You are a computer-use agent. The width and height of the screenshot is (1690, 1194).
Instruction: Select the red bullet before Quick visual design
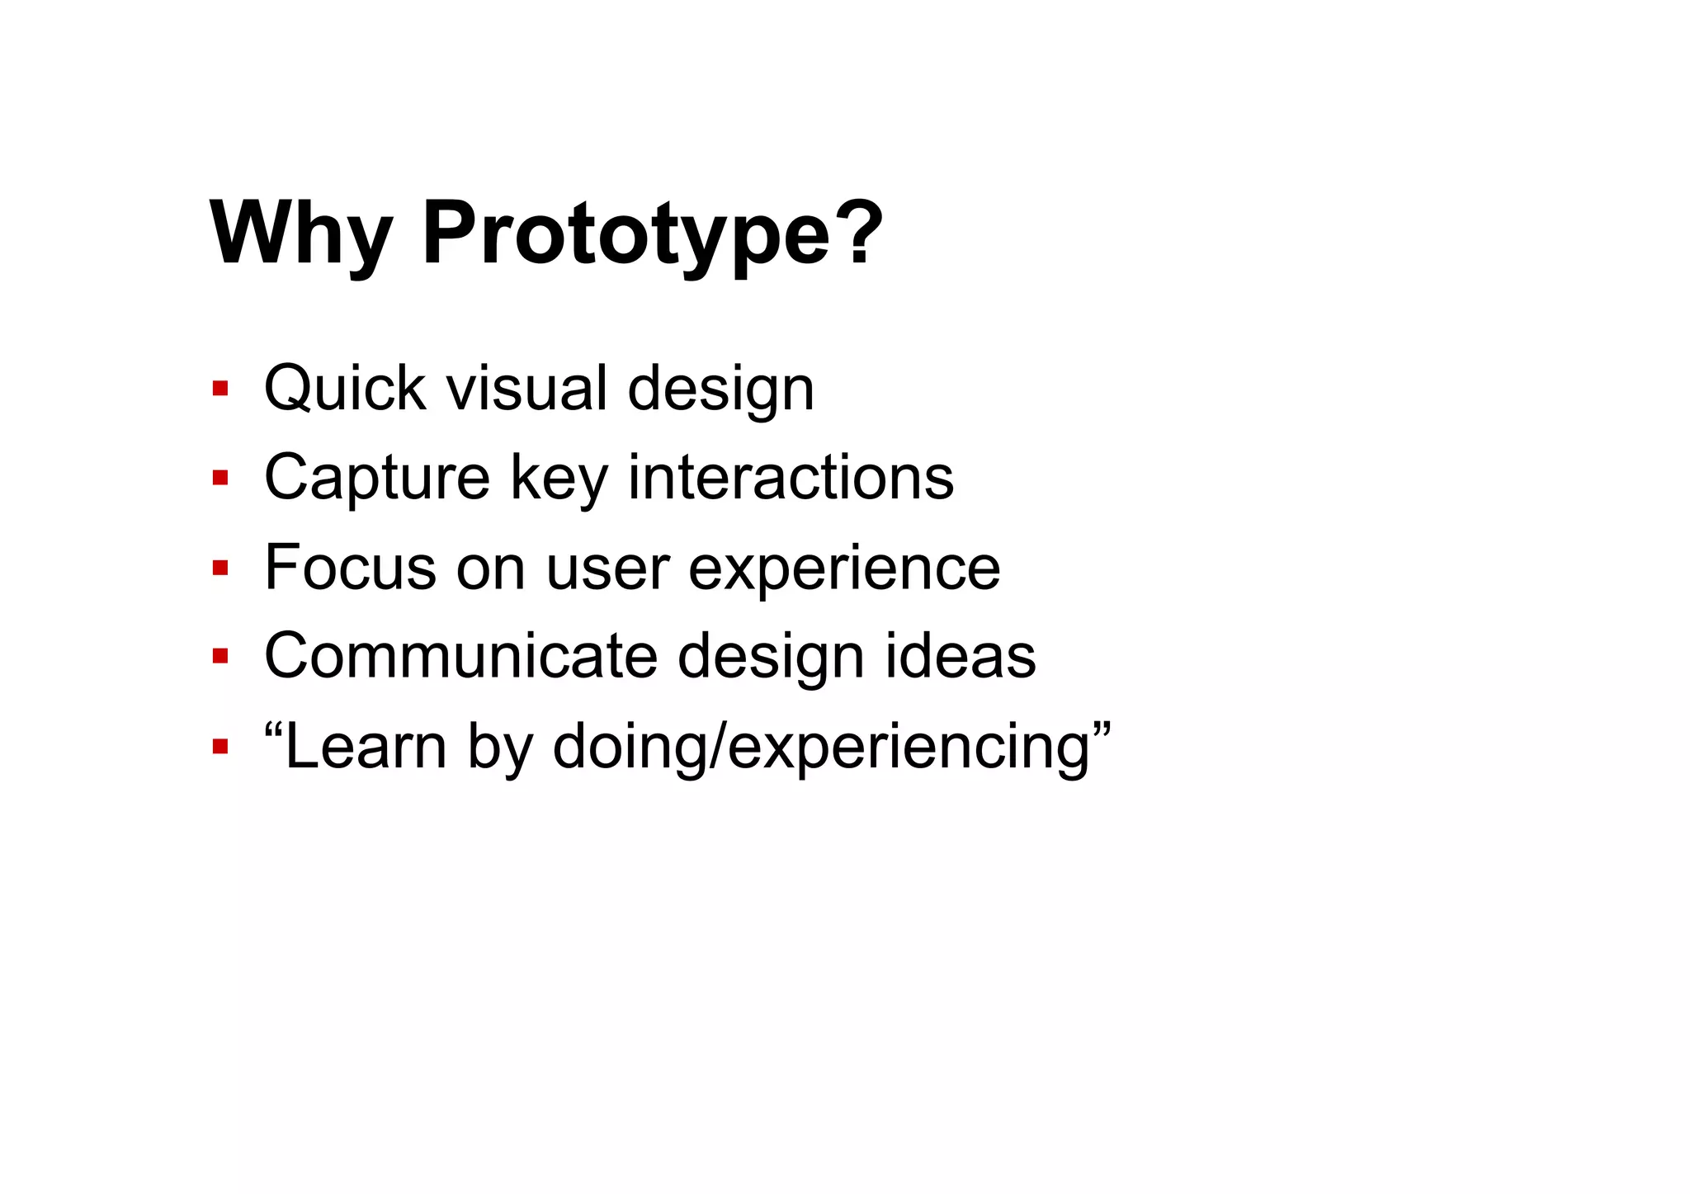point(220,388)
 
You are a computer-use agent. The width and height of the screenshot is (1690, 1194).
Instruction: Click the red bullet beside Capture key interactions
point(220,477)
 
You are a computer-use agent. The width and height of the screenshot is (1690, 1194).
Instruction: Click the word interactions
point(791,477)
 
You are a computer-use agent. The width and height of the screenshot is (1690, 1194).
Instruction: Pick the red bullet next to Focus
point(220,567)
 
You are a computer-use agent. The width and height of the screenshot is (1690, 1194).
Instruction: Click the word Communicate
point(460,656)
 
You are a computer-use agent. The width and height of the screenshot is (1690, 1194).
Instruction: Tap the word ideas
point(960,656)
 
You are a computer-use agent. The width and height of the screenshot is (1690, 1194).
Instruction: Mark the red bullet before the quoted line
point(220,747)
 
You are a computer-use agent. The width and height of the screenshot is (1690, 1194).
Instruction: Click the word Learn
point(366,747)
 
